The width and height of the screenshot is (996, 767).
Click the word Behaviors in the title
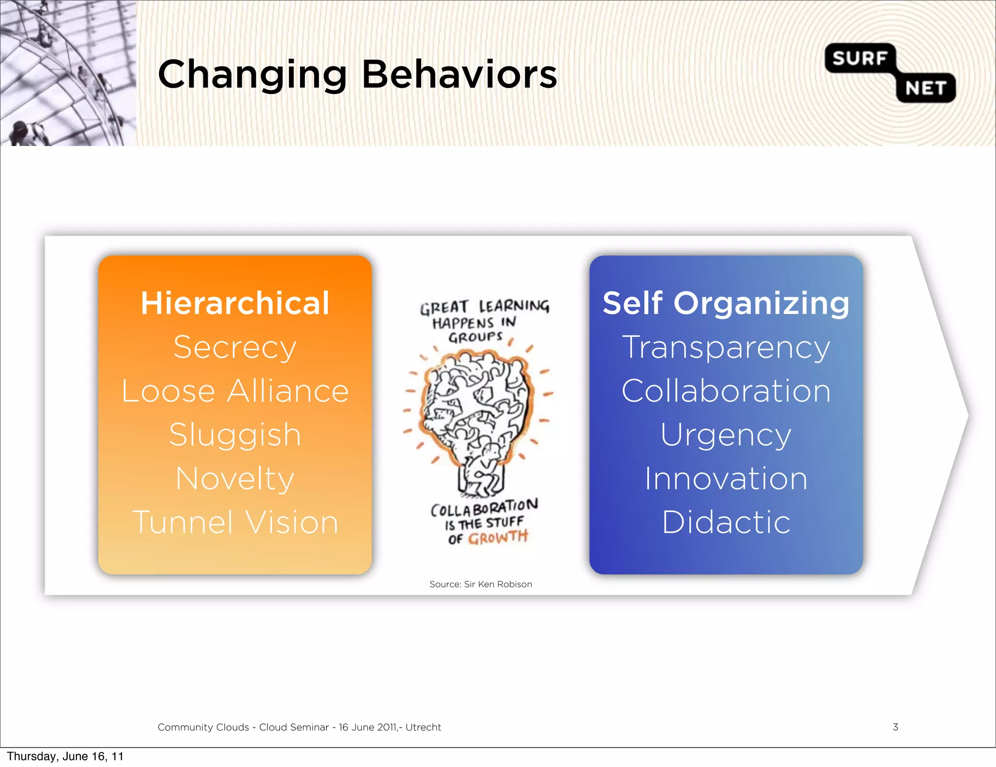click(x=459, y=74)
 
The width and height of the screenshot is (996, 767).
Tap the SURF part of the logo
click(x=859, y=58)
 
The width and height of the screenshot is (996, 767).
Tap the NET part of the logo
click(x=925, y=89)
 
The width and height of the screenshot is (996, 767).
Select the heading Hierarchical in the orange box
click(x=235, y=303)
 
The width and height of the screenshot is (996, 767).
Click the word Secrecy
click(x=235, y=347)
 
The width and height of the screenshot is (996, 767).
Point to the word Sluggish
click(x=235, y=435)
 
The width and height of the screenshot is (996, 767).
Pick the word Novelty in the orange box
click(x=235, y=478)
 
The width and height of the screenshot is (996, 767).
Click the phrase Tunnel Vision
click(x=235, y=522)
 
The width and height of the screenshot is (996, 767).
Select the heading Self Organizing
click(x=726, y=303)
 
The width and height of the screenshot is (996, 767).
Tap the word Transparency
click(x=726, y=347)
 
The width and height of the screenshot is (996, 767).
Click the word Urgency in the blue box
click(x=726, y=435)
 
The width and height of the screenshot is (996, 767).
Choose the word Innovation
click(x=726, y=478)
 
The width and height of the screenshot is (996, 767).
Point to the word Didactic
click(x=726, y=522)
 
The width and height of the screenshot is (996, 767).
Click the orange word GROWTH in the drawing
click(x=498, y=538)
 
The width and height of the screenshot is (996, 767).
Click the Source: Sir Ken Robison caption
click(x=480, y=584)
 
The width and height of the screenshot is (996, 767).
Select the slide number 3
click(x=895, y=727)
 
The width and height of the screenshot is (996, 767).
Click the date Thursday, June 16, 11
click(x=65, y=756)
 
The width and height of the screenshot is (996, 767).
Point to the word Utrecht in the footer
click(x=423, y=727)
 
